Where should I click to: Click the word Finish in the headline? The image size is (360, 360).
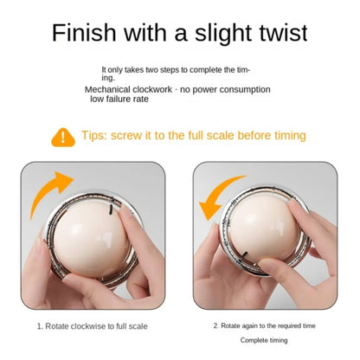(x=84, y=32)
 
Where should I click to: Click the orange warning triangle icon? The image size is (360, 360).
(x=63, y=138)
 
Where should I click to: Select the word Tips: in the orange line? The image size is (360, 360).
(x=94, y=135)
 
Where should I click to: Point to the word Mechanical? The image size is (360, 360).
(x=108, y=89)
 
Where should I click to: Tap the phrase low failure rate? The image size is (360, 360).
(x=119, y=99)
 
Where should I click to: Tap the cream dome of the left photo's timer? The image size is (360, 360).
(x=92, y=240)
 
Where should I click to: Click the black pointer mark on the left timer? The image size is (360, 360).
(x=110, y=209)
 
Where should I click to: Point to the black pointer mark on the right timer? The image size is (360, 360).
(x=245, y=254)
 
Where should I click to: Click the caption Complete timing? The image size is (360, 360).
(x=264, y=340)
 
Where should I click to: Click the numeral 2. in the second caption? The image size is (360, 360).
(x=216, y=325)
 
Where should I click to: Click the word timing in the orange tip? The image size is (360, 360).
(x=290, y=136)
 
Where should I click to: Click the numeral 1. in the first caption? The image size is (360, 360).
(x=40, y=326)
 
